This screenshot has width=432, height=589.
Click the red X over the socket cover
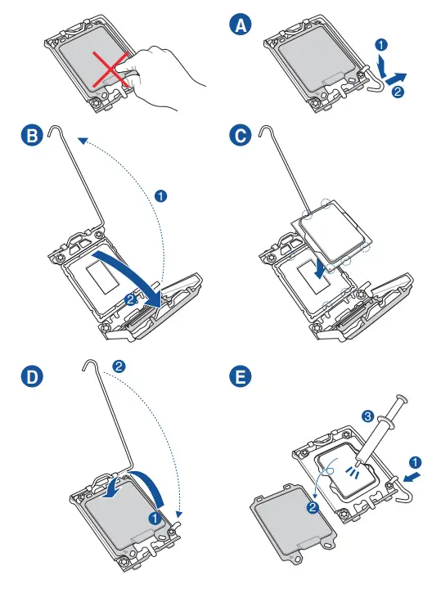point(110,70)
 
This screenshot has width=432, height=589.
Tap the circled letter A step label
point(240,25)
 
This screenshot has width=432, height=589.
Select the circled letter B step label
point(32,135)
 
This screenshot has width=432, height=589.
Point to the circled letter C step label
point(240,135)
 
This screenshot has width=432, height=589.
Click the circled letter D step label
point(32,376)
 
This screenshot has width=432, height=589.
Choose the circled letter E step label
point(240,376)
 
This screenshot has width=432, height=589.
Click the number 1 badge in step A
point(381,45)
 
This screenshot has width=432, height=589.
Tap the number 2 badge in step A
point(398,92)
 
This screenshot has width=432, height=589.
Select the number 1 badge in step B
point(161,196)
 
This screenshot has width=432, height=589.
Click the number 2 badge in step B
point(130,299)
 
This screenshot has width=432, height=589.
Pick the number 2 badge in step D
point(119,366)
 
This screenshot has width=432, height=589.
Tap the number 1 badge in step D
point(155,519)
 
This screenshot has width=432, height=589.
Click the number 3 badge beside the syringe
point(367,416)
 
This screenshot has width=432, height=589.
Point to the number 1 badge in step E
point(415,462)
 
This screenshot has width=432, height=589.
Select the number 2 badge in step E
point(313,508)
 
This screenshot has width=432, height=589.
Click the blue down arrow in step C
point(320,268)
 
